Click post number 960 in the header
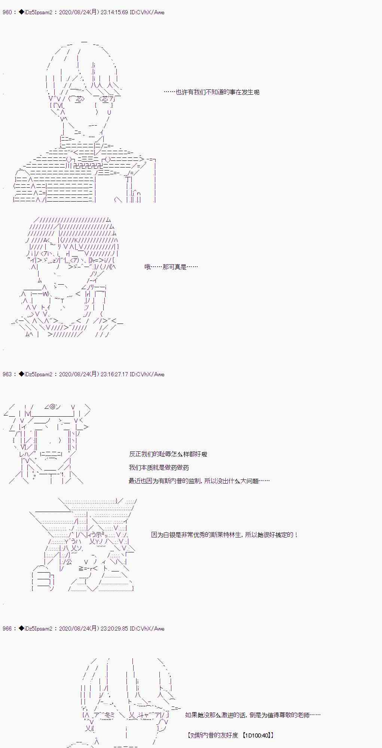[7, 12]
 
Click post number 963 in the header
[7, 374]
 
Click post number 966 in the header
[7, 629]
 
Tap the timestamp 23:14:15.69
[114, 12]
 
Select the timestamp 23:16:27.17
[114, 374]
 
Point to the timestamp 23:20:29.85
[114, 629]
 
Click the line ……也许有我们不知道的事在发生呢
[211, 92]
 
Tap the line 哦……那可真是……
[171, 267]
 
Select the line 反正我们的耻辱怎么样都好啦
[168, 454]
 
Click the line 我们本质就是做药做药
[159, 467]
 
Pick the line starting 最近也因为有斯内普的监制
[199, 481]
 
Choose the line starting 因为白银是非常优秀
[224, 535]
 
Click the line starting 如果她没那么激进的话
[253, 715]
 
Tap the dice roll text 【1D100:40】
[258, 735]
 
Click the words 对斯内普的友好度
[214, 735]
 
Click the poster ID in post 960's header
[147, 12]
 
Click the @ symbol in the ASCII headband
[53, 407]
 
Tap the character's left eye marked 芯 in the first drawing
[79, 99]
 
